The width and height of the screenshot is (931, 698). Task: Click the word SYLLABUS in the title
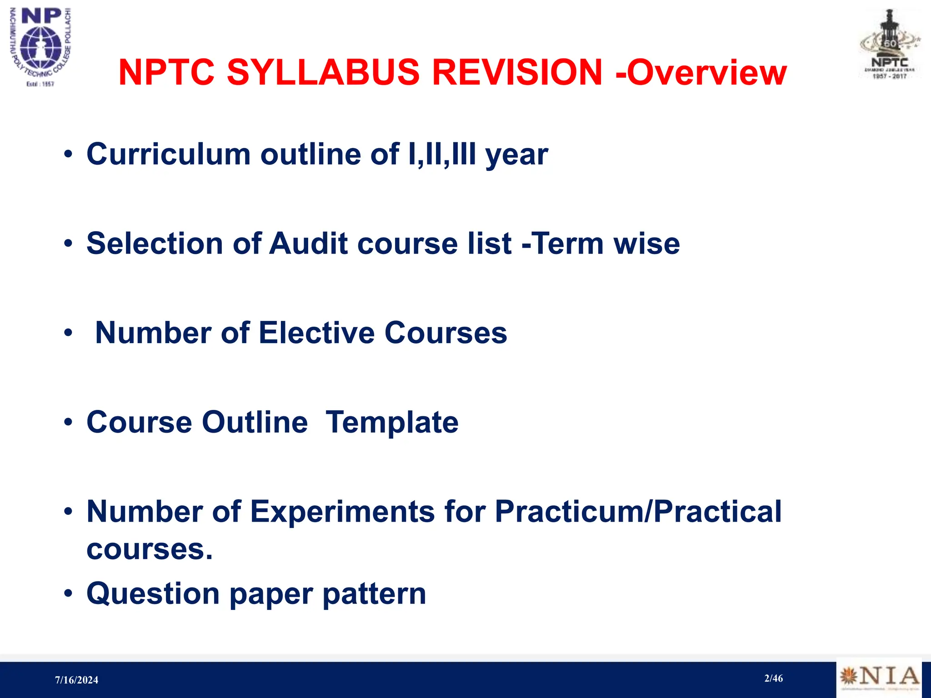click(x=323, y=72)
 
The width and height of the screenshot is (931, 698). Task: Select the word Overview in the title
click(x=706, y=72)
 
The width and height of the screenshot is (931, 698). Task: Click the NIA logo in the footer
click(x=879, y=677)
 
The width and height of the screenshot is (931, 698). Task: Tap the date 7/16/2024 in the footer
click(x=76, y=680)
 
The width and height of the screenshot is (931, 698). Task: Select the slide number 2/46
click(x=773, y=678)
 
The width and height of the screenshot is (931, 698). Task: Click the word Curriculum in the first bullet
click(x=168, y=154)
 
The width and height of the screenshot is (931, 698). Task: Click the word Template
click(x=392, y=422)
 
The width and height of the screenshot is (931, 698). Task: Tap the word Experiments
click(x=343, y=512)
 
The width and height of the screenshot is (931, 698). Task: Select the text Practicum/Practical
click(x=638, y=512)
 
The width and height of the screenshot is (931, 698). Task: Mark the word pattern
click(x=374, y=593)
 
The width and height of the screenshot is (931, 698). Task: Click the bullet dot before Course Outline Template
click(x=68, y=422)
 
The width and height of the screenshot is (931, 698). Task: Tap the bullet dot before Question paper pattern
click(x=68, y=593)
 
